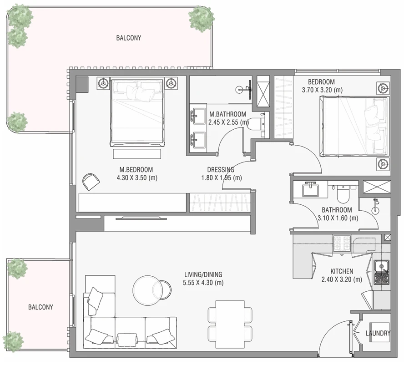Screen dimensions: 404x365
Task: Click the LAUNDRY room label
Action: tap(378, 333)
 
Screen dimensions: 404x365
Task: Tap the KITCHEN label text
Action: tap(342, 271)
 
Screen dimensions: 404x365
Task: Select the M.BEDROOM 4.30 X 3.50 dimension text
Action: tap(137, 177)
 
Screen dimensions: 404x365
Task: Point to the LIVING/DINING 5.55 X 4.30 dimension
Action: tap(203, 283)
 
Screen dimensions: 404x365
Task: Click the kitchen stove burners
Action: tap(342, 243)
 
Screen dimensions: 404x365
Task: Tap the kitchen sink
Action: tap(381, 272)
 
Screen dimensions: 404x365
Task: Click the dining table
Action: tap(230, 324)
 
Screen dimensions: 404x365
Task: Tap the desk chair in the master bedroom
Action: tap(91, 181)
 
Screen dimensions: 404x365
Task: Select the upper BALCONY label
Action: tap(129, 38)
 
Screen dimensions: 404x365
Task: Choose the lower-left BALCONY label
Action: tap(40, 307)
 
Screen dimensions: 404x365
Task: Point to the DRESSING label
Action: tap(221, 170)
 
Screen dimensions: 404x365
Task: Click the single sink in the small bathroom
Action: tap(310, 190)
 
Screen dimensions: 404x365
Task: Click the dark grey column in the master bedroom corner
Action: tap(82, 85)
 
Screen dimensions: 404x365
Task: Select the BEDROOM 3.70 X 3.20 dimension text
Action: tap(322, 90)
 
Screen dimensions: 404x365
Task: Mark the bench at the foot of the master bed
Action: tap(137, 154)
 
